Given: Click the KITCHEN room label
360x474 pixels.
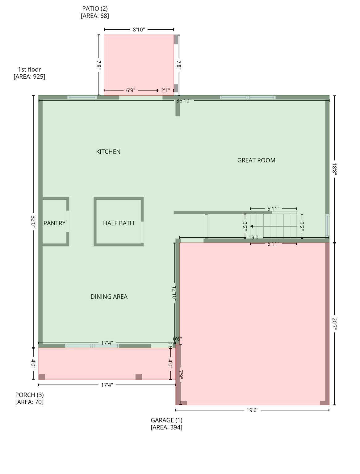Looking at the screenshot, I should tap(108, 152).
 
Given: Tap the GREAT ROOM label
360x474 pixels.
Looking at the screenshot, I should tap(256, 160).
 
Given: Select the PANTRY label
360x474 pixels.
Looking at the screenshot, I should tap(54, 223).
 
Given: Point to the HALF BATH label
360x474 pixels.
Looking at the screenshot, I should tap(118, 223).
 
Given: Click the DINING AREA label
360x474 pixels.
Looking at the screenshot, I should tap(109, 297).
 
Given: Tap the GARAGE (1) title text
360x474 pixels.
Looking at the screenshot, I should tap(166, 420).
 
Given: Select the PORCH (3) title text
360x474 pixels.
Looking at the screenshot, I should tap(29, 395).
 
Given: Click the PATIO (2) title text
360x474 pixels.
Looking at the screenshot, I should tap(95, 9).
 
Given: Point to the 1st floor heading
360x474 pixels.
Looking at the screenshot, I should tap(29, 69).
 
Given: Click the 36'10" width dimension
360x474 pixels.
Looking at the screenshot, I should tap(184, 101).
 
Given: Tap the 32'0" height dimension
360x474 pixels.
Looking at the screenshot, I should tap(33, 221).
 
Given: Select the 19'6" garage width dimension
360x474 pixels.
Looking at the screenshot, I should tap(252, 410).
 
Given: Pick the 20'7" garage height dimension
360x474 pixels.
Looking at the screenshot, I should tap(334, 324).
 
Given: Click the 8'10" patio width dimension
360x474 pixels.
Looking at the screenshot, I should tap(139, 30).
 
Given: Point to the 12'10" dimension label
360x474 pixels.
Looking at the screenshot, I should tap(174, 293).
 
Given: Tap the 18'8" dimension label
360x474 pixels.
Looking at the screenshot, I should tap(334, 169).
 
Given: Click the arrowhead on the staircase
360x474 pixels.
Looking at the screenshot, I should tap(252, 226).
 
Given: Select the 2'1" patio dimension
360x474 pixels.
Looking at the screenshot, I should tap(165, 90).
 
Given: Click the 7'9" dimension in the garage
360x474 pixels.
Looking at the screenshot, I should tap(181, 374).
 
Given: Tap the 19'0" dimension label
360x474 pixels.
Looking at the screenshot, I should tap(254, 238).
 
